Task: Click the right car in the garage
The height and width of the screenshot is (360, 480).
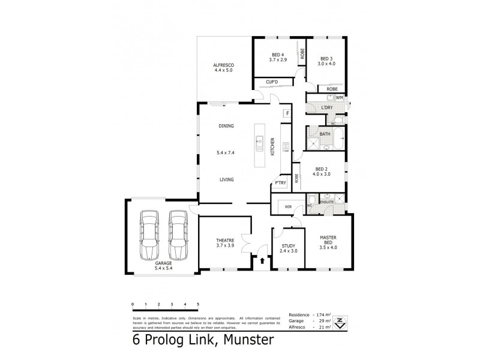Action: pyautogui.click(x=178, y=234)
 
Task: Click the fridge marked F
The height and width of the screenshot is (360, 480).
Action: pyautogui.click(x=287, y=113)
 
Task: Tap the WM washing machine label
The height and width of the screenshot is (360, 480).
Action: pyautogui.click(x=339, y=97)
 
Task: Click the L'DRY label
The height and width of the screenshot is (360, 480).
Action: pyautogui.click(x=327, y=108)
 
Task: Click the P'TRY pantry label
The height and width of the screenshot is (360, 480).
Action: pyautogui.click(x=280, y=184)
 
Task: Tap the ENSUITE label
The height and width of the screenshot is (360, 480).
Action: pyautogui.click(x=326, y=202)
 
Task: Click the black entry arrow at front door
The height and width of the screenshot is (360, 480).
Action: pyautogui.click(x=262, y=260)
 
